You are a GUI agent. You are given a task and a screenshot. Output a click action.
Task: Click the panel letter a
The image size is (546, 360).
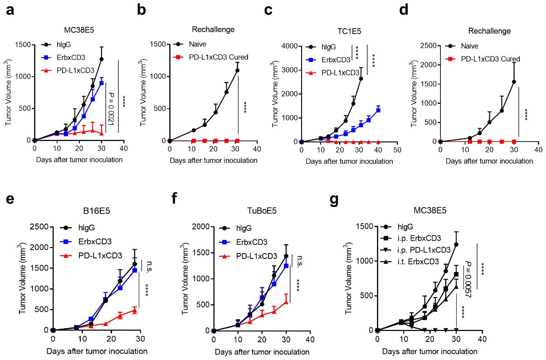point(9,10)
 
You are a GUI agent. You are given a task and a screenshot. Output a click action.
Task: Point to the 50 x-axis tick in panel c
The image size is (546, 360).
point(397,150)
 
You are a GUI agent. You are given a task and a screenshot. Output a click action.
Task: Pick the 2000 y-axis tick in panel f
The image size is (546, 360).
point(200,227)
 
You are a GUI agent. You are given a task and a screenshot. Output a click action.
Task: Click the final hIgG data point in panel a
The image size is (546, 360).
point(102,59)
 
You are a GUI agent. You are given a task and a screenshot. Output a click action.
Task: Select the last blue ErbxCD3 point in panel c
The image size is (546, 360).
point(377,110)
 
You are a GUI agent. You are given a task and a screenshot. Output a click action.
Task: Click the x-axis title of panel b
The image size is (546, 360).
point(213,160)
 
